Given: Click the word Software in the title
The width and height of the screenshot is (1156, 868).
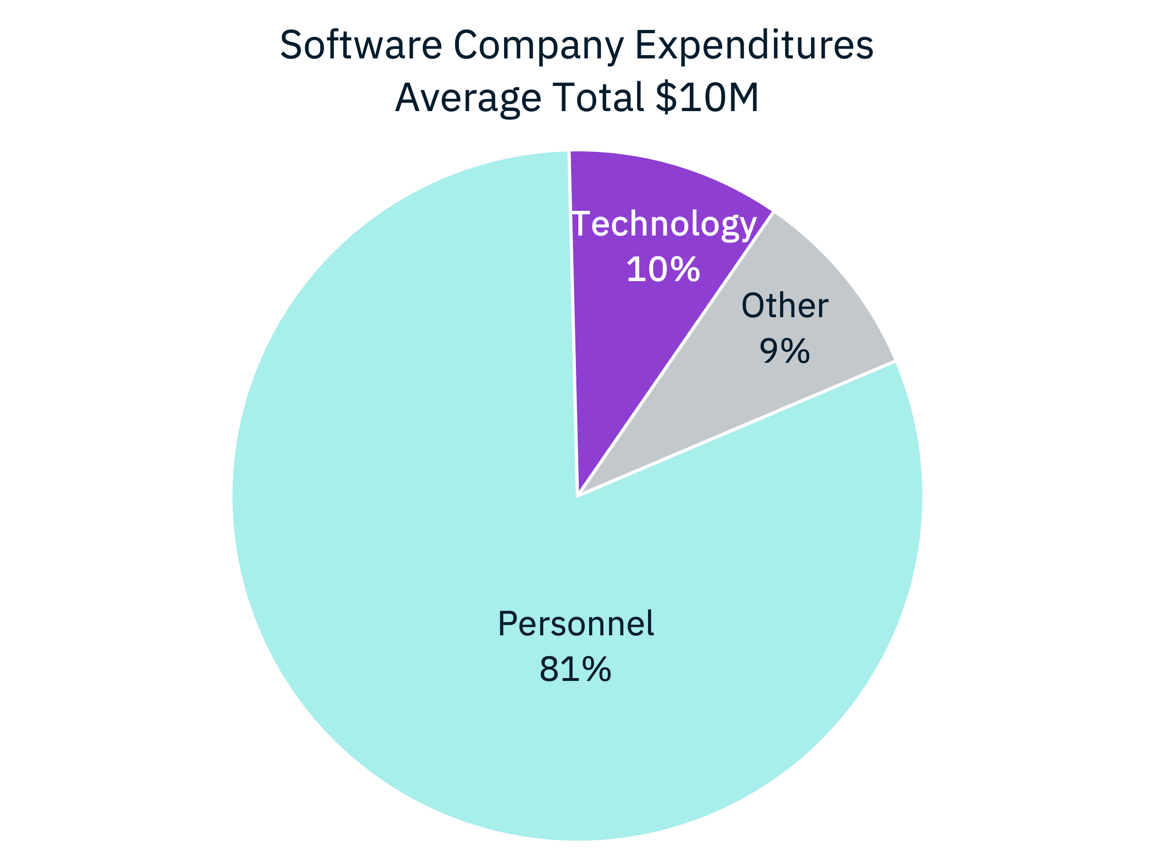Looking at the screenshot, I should (361, 45).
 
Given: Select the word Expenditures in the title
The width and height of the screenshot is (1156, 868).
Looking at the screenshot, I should (754, 46).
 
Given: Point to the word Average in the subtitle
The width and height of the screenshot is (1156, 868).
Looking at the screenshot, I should (468, 98).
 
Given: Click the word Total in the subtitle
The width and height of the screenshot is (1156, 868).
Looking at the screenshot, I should (598, 97).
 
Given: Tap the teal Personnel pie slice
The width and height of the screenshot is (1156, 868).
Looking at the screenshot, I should (418, 522).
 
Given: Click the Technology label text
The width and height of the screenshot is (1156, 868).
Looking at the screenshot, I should (664, 225).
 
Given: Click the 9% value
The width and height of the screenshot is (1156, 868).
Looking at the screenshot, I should (784, 351).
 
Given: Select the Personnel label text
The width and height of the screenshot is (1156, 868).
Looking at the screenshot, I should (575, 623).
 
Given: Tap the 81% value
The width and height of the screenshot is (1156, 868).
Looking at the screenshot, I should (575, 669).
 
